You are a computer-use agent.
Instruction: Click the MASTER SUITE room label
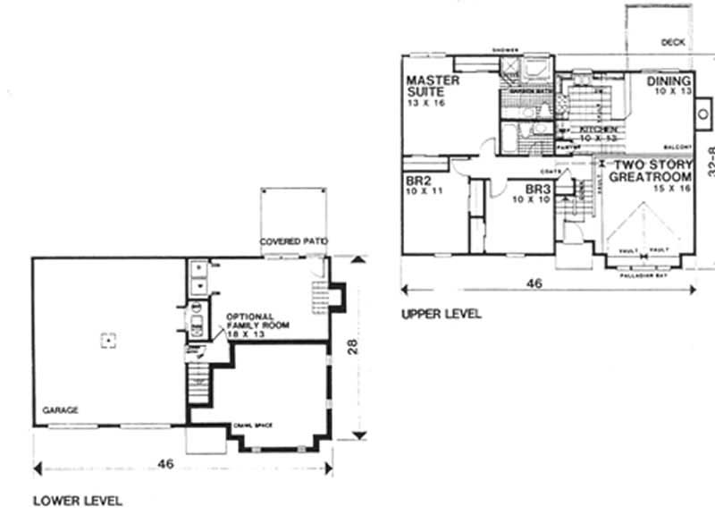(433, 86)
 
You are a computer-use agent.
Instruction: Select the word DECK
(672, 42)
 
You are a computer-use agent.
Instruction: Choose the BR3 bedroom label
(536, 190)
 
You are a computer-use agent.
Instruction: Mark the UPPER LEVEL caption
(441, 314)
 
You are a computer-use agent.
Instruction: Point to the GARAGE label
(59, 410)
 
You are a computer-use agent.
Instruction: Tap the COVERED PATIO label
(293, 242)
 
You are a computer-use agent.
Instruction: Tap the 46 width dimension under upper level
(534, 284)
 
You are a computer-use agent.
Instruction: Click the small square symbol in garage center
(107, 340)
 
